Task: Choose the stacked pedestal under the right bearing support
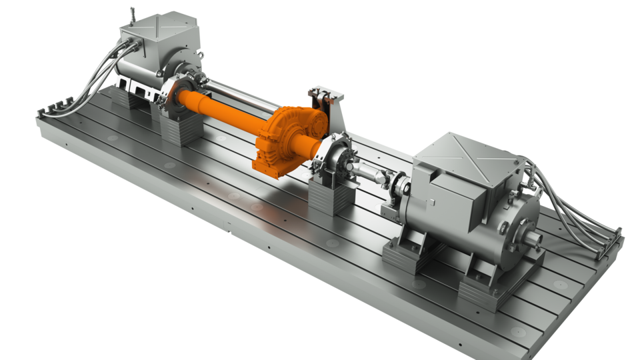[330, 197]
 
